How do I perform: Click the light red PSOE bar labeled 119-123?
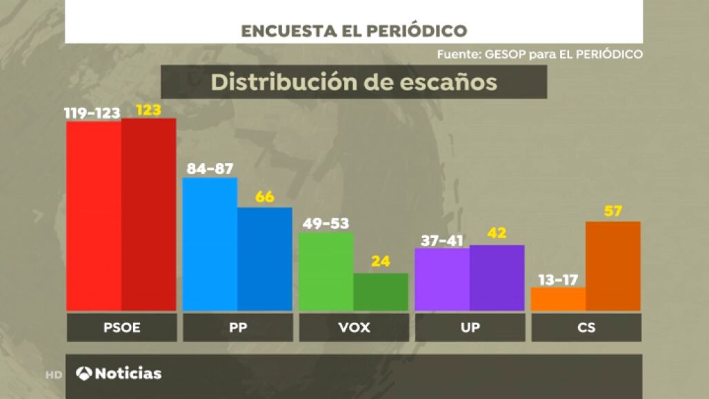[x=94, y=216]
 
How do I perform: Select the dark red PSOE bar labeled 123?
[x=149, y=215]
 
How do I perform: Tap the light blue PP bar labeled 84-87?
[x=210, y=244]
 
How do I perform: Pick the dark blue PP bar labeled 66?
[x=265, y=259]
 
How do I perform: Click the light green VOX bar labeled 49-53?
[x=326, y=272]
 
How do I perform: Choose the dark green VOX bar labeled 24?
[x=381, y=292]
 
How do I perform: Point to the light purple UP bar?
[x=442, y=280]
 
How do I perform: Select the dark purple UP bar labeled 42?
[x=497, y=278]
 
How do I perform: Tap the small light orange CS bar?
[x=558, y=299]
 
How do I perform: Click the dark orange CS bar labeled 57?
[x=613, y=266]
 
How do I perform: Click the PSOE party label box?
[x=121, y=328]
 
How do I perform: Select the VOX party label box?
[x=354, y=328]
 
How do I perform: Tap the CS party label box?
[x=586, y=328]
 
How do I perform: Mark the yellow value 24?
[x=381, y=262]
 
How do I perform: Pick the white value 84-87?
[x=210, y=168]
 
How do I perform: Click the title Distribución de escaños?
[x=354, y=81]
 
